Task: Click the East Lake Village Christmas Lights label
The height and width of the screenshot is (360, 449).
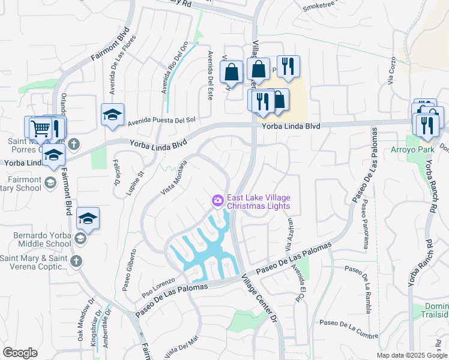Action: [258, 202]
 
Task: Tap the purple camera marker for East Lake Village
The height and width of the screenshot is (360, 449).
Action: [217, 200]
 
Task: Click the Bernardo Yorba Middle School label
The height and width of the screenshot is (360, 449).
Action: [36, 235]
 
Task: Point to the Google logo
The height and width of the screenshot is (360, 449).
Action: [20, 353]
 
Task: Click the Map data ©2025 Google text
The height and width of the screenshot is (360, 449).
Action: [411, 355]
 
